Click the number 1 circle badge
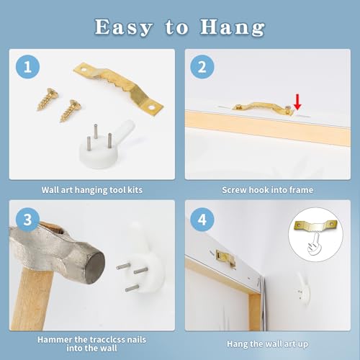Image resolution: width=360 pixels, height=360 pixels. tap(27, 66)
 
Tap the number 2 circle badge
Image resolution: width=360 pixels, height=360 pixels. tap(202, 66)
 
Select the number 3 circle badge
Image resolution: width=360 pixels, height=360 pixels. tap(27, 220)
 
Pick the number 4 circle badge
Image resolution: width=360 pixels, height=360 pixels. tap(202, 220)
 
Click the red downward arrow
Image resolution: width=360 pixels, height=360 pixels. tap(297, 102)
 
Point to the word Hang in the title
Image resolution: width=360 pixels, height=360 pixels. tap(233, 27)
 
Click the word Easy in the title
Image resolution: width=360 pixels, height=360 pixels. tap(123, 27)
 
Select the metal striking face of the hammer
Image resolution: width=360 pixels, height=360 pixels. tap(96, 267)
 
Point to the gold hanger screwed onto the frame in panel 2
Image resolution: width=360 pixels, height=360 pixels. tap(263, 109)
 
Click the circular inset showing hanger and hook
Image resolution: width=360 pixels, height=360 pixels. tap(315, 235)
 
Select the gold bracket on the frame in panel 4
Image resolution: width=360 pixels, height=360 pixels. tap(225, 258)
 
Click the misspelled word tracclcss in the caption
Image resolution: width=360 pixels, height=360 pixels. tap(108, 340)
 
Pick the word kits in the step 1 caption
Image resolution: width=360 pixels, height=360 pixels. tap(135, 190)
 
